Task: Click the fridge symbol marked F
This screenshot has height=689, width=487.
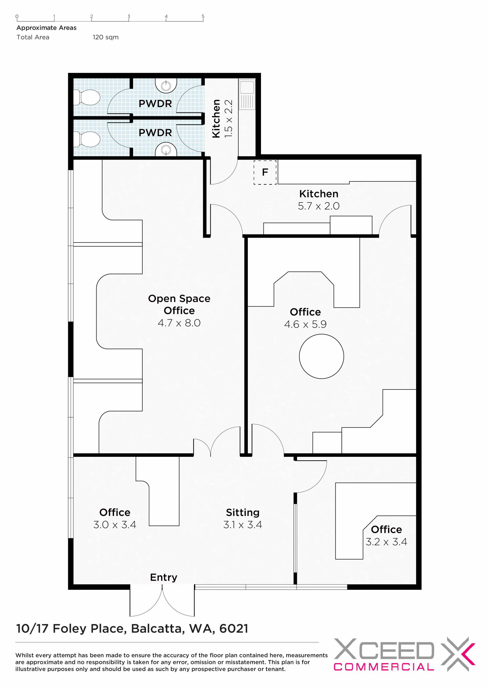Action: click(x=265, y=172)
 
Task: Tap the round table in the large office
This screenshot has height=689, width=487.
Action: click(x=321, y=356)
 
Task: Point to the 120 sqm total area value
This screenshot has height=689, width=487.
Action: click(x=106, y=37)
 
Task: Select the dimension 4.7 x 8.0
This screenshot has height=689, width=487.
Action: click(x=179, y=323)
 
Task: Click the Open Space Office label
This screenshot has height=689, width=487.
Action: click(x=179, y=304)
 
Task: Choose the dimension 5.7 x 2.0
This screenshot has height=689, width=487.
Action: click(x=319, y=206)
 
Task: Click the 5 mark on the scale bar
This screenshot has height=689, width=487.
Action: click(x=203, y=16)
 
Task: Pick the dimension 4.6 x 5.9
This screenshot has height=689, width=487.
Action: click(x=305, y=324)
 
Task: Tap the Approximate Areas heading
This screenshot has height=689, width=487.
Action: click(x=46, y=28)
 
